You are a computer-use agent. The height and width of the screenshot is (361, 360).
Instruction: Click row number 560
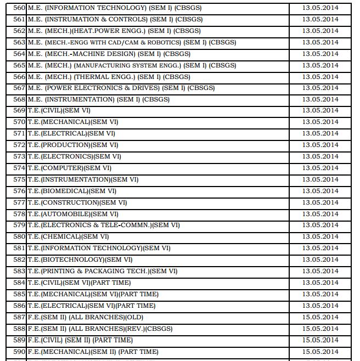click(x=19, y=8)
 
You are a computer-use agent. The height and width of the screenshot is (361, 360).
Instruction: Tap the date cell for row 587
click(x=320, y=317)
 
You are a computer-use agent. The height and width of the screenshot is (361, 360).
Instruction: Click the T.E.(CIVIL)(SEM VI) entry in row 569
click(x=59, y=111)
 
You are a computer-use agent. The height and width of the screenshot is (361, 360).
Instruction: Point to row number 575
click(x=19, y=179)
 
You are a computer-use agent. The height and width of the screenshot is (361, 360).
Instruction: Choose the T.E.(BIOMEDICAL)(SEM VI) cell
click(x=72, y=191)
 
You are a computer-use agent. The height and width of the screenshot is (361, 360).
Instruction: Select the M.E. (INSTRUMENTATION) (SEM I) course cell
click(x=98, y=99)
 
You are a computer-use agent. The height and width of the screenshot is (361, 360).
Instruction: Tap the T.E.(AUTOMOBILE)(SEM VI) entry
click(x=72, y=214)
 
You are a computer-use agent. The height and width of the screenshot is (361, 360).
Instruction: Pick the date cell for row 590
click(x=320, y=352)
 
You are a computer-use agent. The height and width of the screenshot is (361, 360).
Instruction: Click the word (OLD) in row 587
click(x=134, y=317)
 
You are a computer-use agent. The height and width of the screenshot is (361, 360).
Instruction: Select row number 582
click(x=19, y=260)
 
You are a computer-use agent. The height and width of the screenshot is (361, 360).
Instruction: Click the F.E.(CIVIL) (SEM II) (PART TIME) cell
click(x=80, y=340)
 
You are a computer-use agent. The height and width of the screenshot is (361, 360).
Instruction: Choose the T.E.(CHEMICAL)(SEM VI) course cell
click(x=68, y=236)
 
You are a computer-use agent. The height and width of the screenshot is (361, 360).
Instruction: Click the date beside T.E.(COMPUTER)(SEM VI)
click(x=320, y=168)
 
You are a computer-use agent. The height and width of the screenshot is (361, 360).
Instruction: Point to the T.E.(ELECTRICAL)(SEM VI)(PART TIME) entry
click(x=91, y=306)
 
